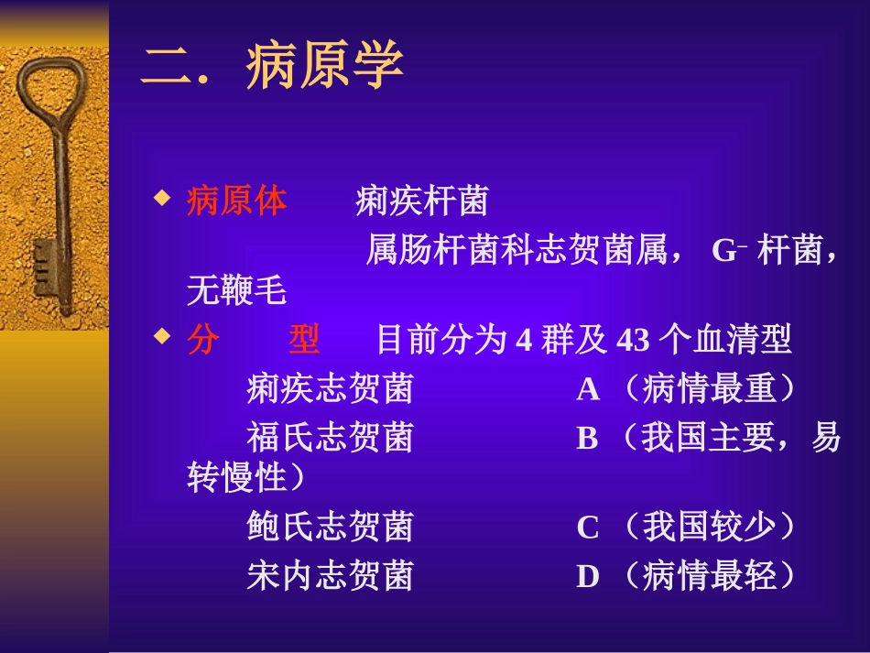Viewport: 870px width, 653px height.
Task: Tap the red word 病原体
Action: pyautogui.click(x=236, y=201)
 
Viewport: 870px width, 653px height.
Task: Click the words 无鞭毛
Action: pyautogui.click(x=236, y=292)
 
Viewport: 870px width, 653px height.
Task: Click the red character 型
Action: pyautogui.click(x=304, y=341)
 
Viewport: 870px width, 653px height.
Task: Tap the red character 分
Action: pyautogui.click(x=203, y=341)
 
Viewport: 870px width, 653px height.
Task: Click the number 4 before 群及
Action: pyautogui.click(x=524, y=342)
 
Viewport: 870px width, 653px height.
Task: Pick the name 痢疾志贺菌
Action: pyautogui.click(x=330, y=390)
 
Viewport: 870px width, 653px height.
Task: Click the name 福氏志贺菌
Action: pyautogui.click(x=330, y=438)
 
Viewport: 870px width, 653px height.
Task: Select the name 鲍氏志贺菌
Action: pyautogui.click(x=330, y=528)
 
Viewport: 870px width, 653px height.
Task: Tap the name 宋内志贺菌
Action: pyautogui.click(x=330, y=576)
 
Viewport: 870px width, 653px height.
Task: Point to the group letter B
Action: pyautogui.click(x=587, y=439)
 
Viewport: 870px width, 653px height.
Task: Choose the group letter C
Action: pyautogui.click(x=588, y=528)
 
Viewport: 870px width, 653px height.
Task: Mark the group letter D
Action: pyautogui.click(x=588, y=577)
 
